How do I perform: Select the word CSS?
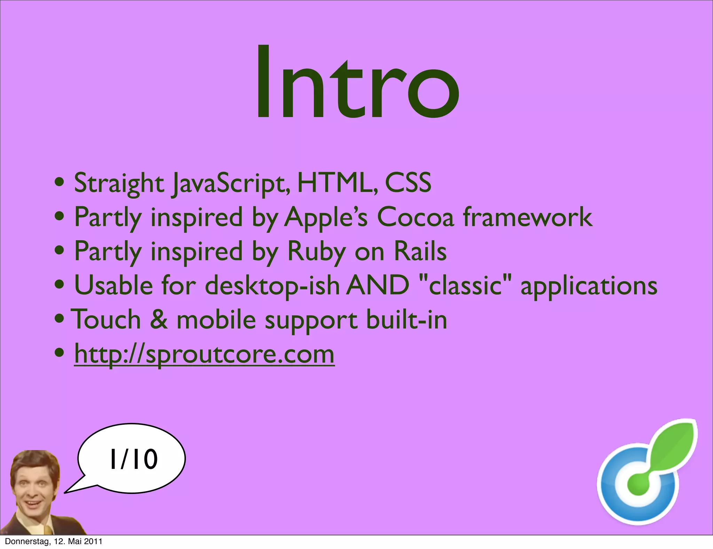click(x=408, y=183)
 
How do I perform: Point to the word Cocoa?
click(x=415, y=217)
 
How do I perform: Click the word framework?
click(x=527, y=217)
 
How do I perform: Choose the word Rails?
click(x=420, y=251)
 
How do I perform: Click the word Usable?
click(x=113, y=285)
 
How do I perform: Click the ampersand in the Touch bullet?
click(x=159, y=319)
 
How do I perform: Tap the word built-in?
click(x=407, y=319)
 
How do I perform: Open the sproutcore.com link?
click(x=204, y=354)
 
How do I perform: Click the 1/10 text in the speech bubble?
click(x=134, y=459)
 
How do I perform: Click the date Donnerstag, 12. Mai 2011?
click(x=54, y=541)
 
